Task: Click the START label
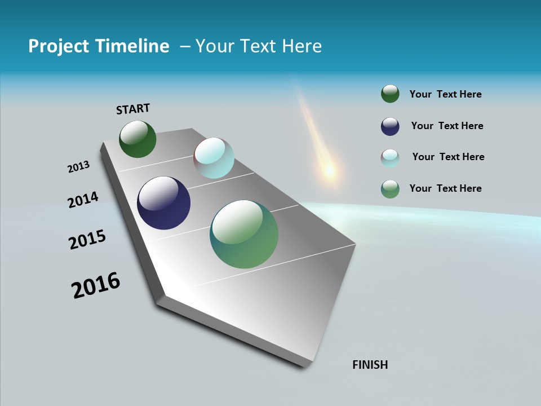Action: click(x=133, y=108)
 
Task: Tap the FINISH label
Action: click(x=370, y=365)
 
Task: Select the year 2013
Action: click(x=78, y=167)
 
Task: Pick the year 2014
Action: click(x=83, y=200)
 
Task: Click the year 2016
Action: click(x=96, y=285)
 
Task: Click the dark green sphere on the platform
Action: click(x=138, y=139)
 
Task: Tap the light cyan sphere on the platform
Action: click(x=214, y=158)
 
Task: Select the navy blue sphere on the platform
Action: click(x=163, y=203)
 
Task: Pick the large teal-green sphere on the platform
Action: click(x=244, y=234)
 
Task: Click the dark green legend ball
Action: click(x=390, y=94)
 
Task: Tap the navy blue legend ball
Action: click(x=390, y=126)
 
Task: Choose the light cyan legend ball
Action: click(x=390, y=158)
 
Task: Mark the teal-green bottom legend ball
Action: click(x=390, y=189)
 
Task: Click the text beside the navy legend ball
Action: click(x=447, y=126)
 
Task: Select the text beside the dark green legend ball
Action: click(x=445, y=94)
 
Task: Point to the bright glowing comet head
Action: click(x=329, y=170)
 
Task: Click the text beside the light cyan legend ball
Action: click(x=448, y=157)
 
